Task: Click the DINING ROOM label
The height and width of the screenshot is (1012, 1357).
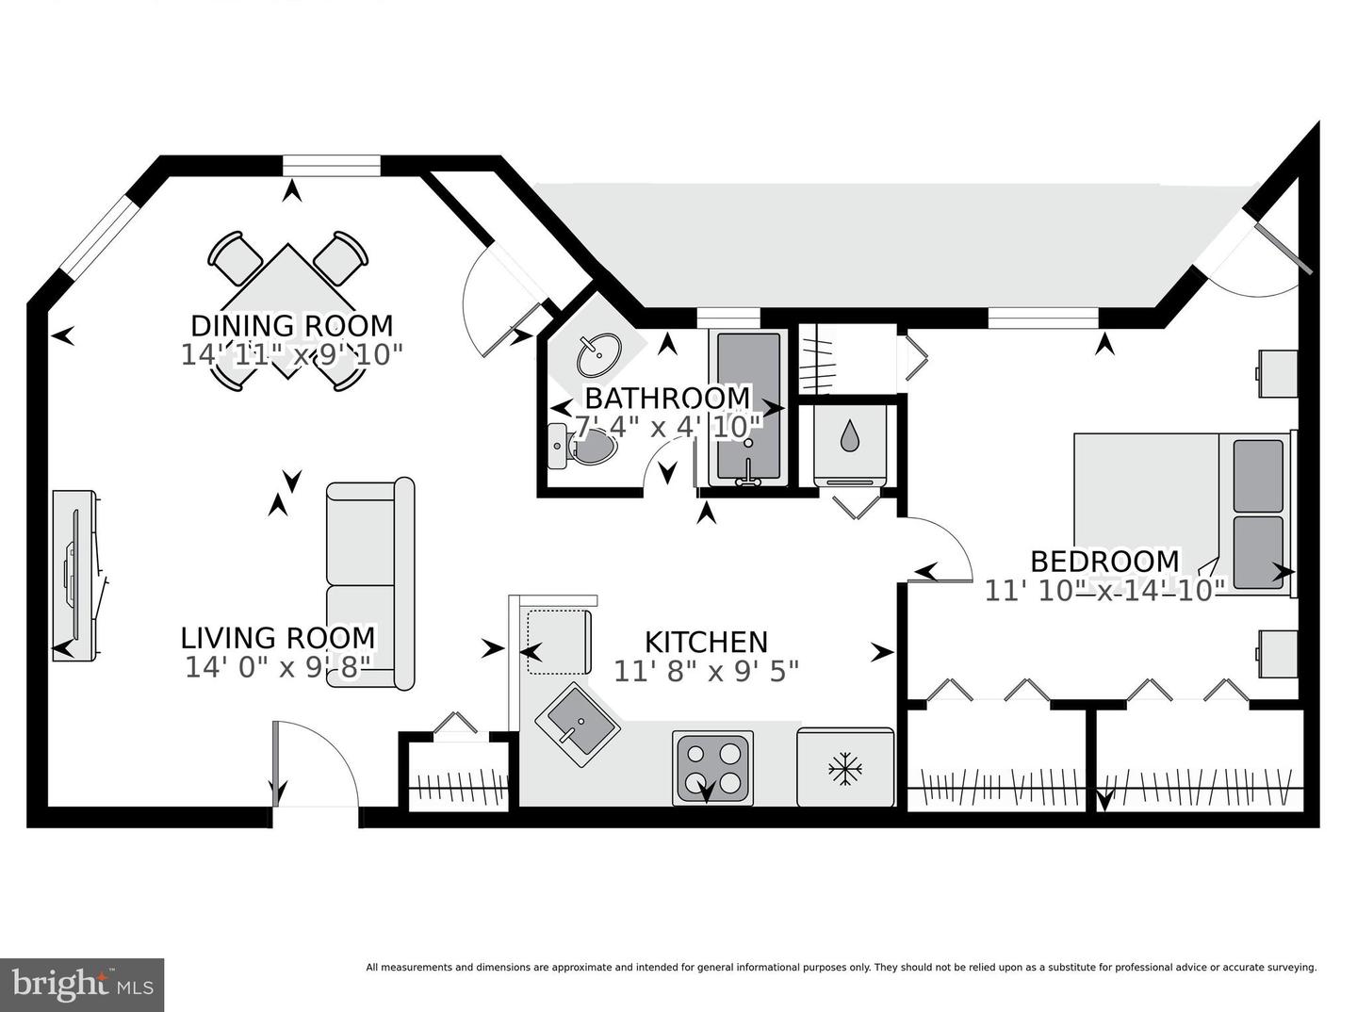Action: [x=292, y=326]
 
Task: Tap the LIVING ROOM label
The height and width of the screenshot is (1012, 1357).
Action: [x=278, y=638]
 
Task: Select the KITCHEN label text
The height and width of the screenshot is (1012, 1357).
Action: [x=706, y=642]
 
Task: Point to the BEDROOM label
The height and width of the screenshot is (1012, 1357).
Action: [x=1104, y=562]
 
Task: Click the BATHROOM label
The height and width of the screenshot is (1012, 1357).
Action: [x=667, y=398]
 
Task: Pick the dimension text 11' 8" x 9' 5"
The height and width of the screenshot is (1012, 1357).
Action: [x=706, y=671]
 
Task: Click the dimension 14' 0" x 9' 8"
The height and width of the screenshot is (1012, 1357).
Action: [x=278, y=667]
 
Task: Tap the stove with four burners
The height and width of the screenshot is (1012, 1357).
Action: [x=713, y=767]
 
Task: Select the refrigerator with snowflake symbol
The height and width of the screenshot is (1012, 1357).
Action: [x=845, y=767]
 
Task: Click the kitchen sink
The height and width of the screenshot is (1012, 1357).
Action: [x=577, y=724]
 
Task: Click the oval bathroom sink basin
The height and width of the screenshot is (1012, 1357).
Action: [x=598, y=354]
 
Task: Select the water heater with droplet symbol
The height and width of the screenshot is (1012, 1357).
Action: [x=850, y=438]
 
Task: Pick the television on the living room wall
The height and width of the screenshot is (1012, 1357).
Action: [x=74, y=574]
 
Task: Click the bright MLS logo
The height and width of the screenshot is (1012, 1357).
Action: [x=82, y=985]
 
